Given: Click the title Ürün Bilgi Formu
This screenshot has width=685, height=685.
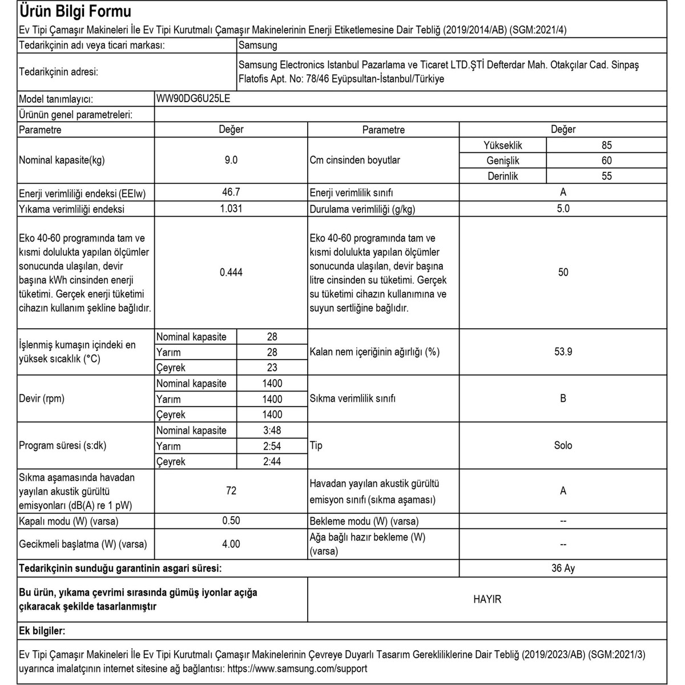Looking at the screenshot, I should click(x=75, y=11).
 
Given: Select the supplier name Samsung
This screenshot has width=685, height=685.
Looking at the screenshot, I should click(x=257, y=45).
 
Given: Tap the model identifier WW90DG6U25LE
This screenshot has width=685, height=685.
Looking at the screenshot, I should click(x=194, y=98).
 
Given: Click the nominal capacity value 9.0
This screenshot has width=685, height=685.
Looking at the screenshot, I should click(x=231, y=160).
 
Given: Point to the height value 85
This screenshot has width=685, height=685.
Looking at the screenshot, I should click(x=606, y=146).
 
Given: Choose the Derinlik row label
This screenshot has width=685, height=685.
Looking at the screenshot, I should click(x=502, y=176).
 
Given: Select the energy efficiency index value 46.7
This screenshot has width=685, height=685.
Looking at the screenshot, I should click(x=231, y=193).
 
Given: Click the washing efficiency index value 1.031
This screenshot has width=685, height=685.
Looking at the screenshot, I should click(x=231, y=209).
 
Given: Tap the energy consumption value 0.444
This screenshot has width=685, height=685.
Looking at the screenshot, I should click(x=231, y=273).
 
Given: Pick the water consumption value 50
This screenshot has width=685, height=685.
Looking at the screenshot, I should click(x=563, y=273).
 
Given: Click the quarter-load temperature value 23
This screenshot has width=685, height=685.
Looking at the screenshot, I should click(x=272, y=368).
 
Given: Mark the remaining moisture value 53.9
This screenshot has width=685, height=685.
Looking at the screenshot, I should click(x=563, y=352).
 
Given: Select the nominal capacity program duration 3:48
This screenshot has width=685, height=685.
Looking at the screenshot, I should click(x=272, y=430).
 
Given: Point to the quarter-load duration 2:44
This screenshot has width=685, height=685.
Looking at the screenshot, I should click(x=272, y=461).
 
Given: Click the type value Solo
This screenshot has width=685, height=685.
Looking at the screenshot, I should click(x=563, y=446).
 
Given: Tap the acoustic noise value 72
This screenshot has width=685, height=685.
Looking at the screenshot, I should click(x=231, y=491).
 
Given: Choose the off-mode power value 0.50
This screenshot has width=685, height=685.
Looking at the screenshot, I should click(x=231, y=521).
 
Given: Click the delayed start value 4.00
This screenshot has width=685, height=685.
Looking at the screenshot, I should click(x=231, y=544).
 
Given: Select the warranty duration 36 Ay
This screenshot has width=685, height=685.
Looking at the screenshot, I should click(x=563, y=569).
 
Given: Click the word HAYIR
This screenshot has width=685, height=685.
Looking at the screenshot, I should click(x=487, y=599).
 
